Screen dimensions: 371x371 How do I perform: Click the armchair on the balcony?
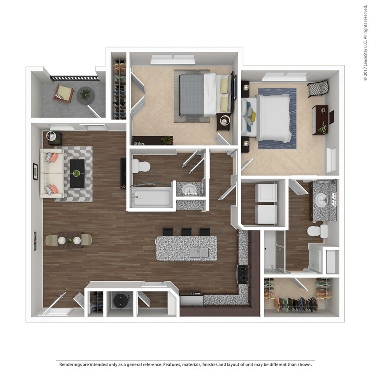pyautogui.click(x=64, y=93)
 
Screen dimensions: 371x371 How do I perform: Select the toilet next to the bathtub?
pyautogui.click(x=141, y=166)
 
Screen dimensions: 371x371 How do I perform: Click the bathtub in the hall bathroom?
pyautogui.click(x=151, y=196)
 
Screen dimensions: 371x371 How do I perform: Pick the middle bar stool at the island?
pyautogui.click(x=186, y=232)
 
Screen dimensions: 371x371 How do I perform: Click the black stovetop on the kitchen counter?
pyautogui.click(x=242, y=274)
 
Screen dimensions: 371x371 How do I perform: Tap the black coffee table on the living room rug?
pyautogui.click(x=77, y=173)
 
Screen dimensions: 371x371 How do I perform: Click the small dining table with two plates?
pyautogui.click(x=69, y=240)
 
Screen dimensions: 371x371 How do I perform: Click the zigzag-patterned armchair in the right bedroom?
pyautogui.click(x=318, y=89)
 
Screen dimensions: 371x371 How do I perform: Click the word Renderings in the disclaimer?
pyautogui.click(x=70, y=364)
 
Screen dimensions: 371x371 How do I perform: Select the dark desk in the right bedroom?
pyautogui.click(x=320, y=119)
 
